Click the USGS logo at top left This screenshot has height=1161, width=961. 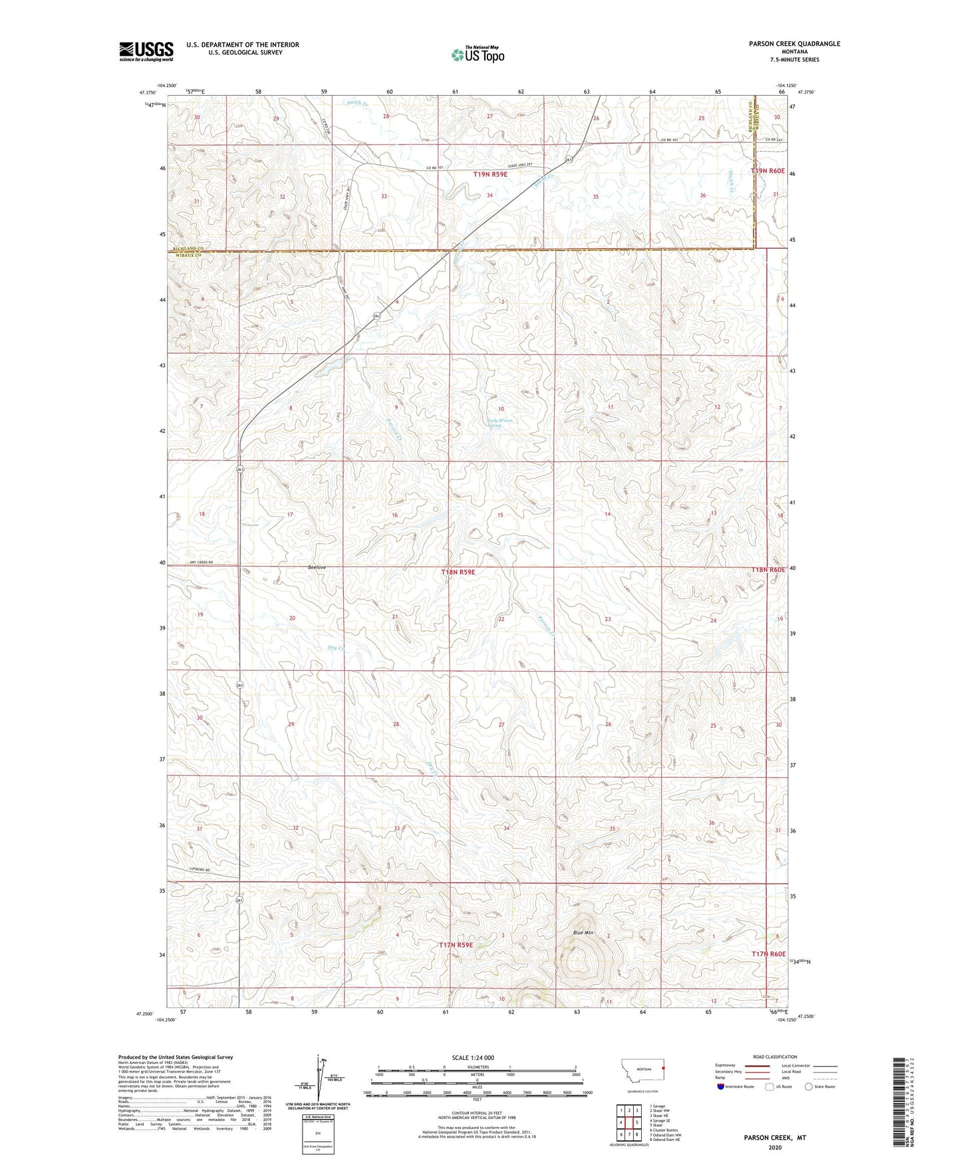click(146, 51)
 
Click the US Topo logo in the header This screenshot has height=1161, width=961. click(477, 55)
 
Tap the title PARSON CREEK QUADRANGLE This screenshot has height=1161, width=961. click(785, 44)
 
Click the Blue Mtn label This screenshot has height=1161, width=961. click(583, 933)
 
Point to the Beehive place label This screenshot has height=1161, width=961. click(316, 567)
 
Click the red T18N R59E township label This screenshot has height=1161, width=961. click(458, 572)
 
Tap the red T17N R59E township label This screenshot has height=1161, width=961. click(456, 944)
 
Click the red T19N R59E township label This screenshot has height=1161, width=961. click(490, 174)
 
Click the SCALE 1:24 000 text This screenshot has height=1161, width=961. click(472, 1057)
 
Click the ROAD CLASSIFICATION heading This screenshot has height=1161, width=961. click(775, 1057)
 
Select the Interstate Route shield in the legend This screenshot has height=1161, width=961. click(720, 1087)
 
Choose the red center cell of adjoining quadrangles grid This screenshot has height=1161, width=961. click(628, 1122)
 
